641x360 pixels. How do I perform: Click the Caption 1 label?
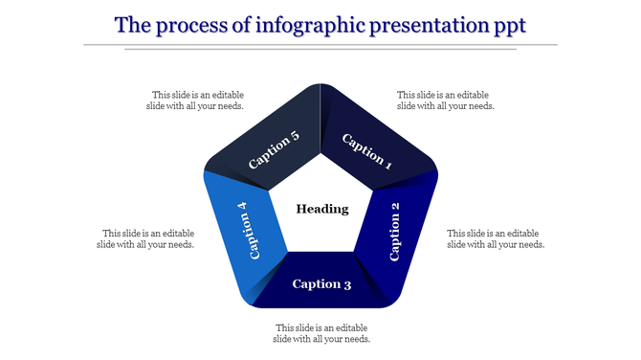point(367,150)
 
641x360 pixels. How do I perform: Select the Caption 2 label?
point(395,231)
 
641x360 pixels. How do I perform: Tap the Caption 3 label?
point(321,283)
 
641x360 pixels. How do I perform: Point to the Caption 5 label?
point(274,150)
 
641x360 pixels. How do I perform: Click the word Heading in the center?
point(321,209)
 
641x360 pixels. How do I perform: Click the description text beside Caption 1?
point(445,101)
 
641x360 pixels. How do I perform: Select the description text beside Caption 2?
point(496,238)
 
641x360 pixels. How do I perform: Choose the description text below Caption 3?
point(321,333)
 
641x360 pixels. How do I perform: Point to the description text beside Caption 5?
point(197,101)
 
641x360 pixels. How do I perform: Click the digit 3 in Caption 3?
point(347,283)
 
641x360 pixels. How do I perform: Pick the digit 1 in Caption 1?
point(387,163)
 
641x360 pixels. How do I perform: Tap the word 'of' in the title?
point(242,24)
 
